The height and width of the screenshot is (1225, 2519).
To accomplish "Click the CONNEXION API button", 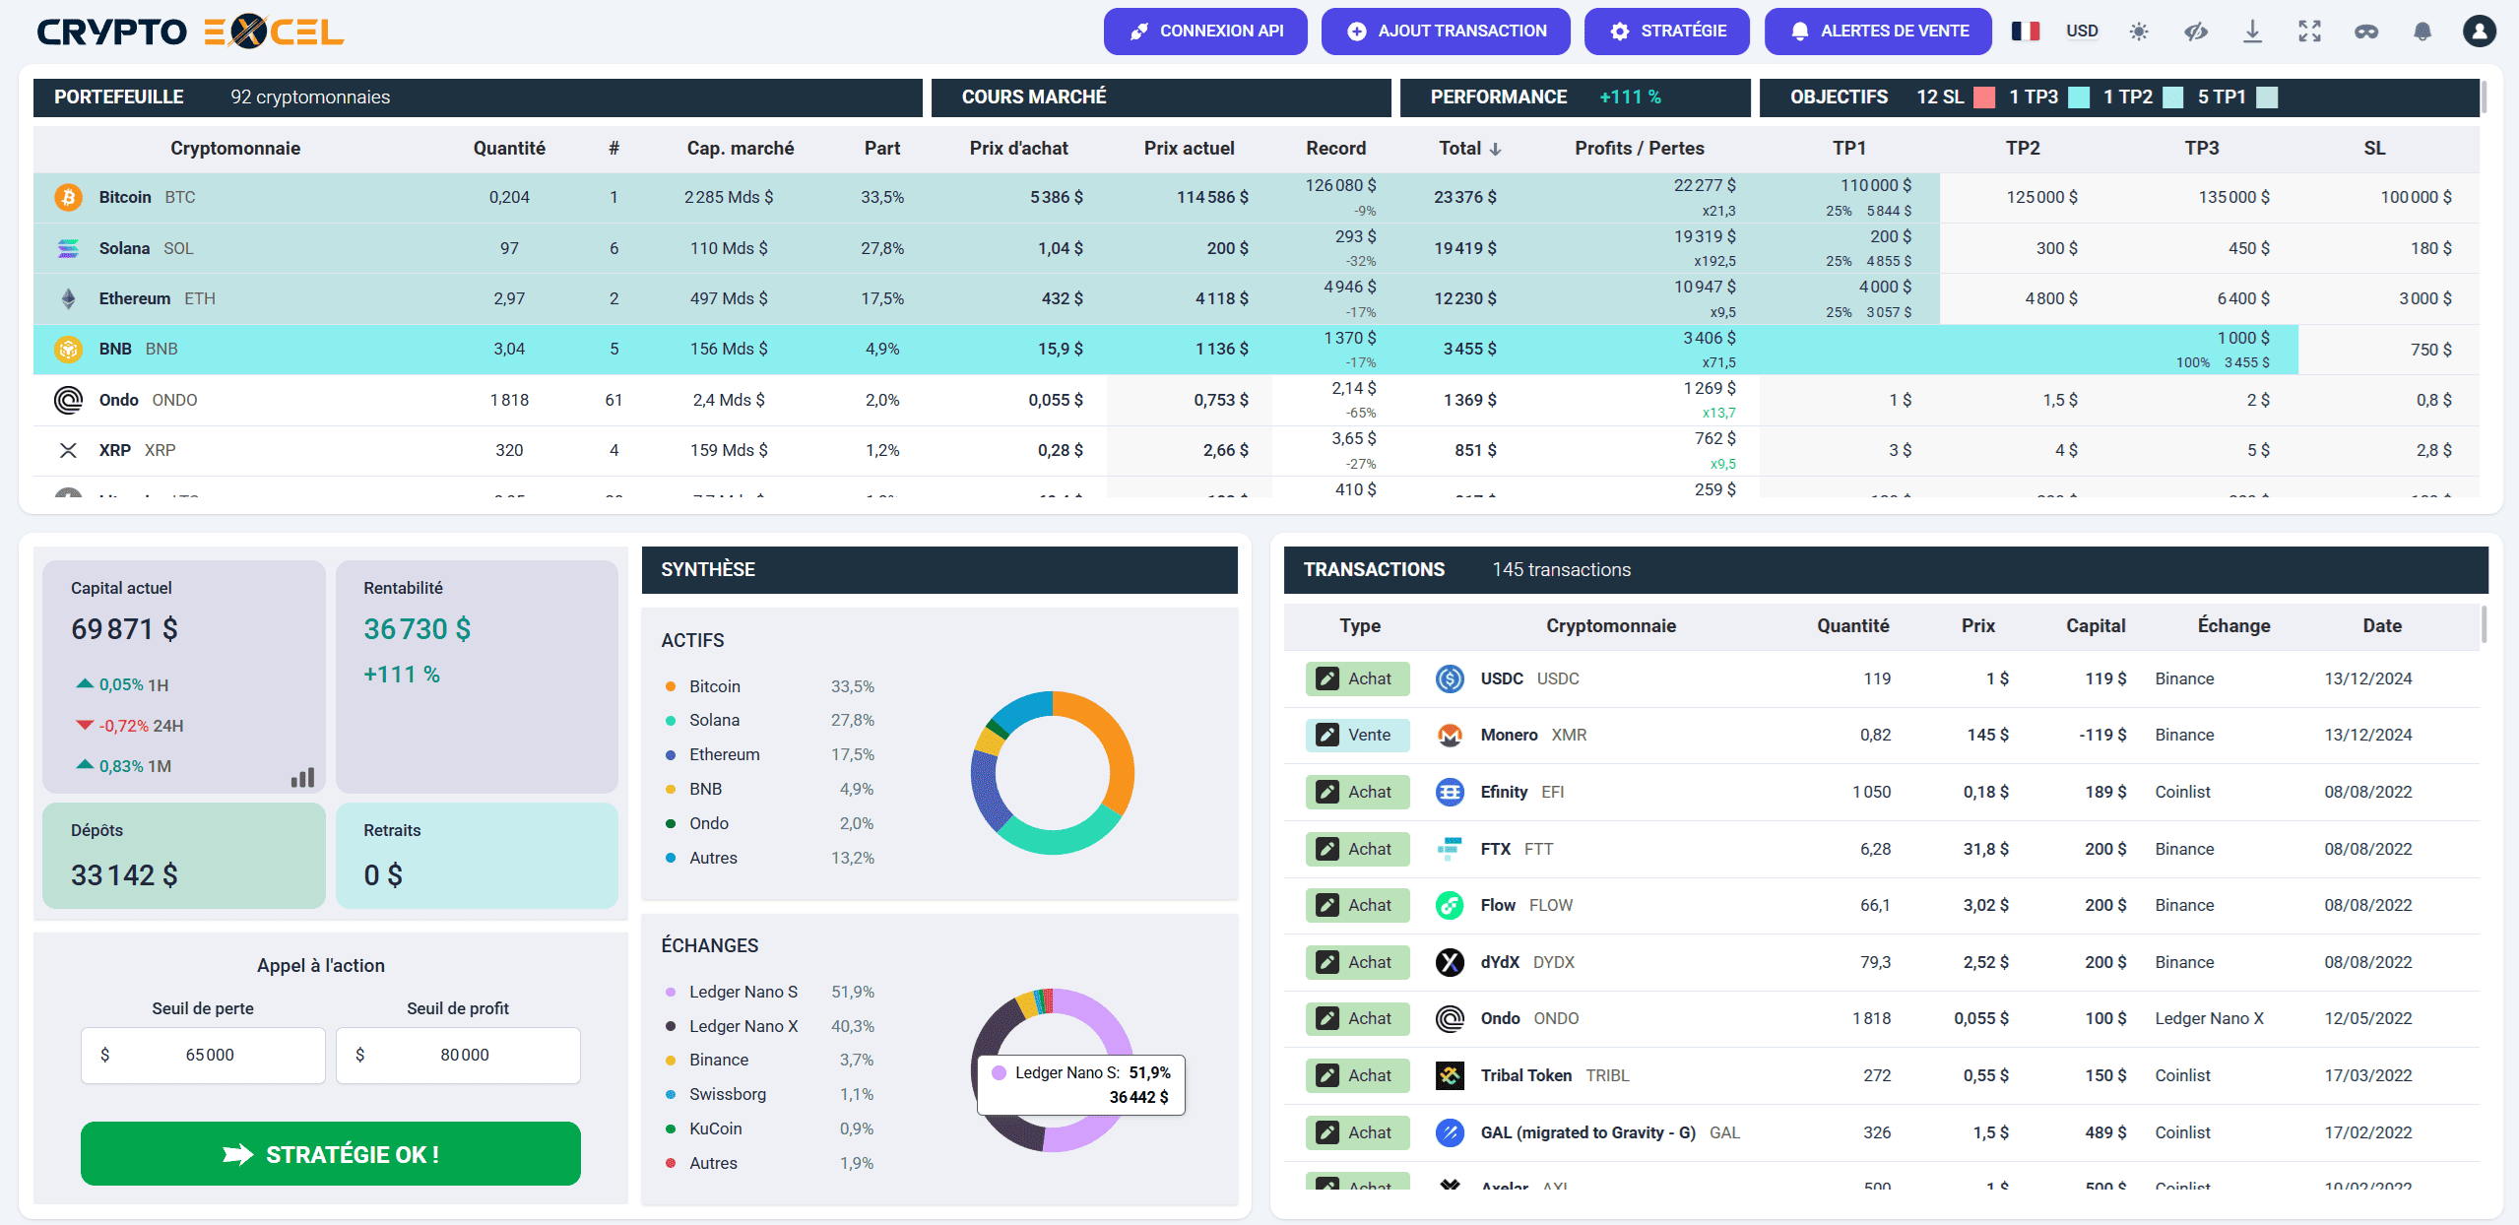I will click(x=1205, y=32).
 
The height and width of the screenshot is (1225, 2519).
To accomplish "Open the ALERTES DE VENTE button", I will click(x=1877, y=32).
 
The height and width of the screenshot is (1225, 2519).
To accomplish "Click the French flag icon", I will click(x=2025, y=32).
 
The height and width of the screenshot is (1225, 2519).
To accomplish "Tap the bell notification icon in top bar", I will click(x=2422, y=32).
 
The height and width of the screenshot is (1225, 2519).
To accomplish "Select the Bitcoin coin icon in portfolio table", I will click(x=68, y=197).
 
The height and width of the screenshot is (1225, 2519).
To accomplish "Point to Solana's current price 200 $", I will click(x=1226, y=248).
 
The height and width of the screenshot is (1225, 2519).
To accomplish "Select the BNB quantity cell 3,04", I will click(x=509, y=349).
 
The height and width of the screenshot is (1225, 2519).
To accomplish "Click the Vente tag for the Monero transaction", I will click(x=1357, y=735).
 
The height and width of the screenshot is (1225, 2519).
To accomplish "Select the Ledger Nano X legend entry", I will click(x=743, y=1026).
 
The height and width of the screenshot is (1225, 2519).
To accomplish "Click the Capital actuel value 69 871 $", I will click(x=125, y=629).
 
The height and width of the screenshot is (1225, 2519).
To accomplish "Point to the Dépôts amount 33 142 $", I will click(x=125, y=875).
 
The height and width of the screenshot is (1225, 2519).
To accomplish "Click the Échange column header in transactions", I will click(x=2232, y=626).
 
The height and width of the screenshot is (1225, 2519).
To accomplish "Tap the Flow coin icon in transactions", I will click(x=1449, y=905).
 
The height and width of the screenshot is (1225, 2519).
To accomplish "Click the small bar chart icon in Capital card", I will click(x=302, y=778).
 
